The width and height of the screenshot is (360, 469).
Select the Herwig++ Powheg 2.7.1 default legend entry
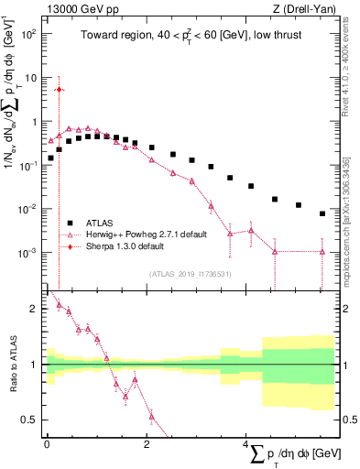pos(136,234)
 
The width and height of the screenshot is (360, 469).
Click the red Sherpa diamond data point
pos(59,89)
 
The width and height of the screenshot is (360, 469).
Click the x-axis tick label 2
pos(147,443)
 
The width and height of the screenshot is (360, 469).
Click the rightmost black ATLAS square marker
pos(322,213)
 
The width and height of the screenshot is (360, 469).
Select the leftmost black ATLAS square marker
pos(51,158)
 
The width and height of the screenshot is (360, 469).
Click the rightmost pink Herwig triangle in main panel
pos(322,251)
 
